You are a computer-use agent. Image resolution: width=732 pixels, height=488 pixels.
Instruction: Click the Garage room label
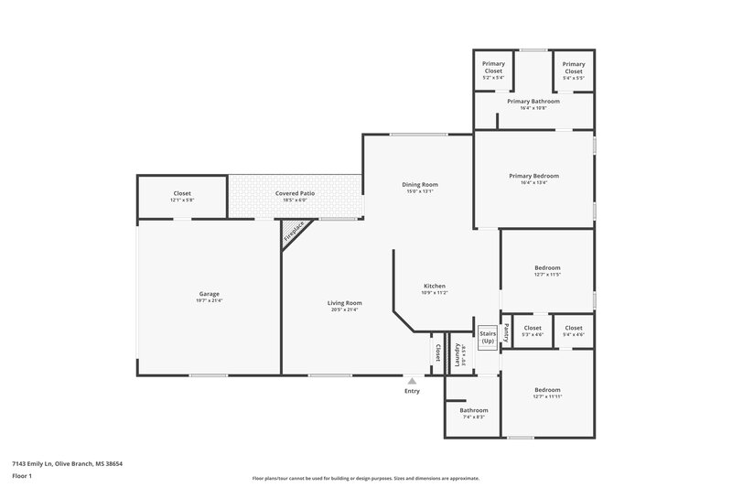(x=209, y=297)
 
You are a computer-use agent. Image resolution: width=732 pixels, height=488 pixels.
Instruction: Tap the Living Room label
(x=346, y=306)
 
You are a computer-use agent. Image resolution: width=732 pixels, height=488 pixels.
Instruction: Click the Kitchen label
(x=433, y=288)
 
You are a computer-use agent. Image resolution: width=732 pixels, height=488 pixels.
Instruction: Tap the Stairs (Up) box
(x=487, y=336)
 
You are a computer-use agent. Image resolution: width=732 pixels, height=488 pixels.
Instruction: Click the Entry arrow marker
(x=413, y=381)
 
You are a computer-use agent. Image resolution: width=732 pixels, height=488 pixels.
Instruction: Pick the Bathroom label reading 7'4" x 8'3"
(x=474, y=413)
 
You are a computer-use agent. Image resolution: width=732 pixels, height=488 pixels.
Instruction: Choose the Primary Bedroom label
(x=533, y=179)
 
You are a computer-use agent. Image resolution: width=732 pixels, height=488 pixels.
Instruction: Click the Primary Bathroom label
(x=533, y=103)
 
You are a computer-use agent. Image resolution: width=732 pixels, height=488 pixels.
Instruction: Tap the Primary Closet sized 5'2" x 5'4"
(x=493, y=70)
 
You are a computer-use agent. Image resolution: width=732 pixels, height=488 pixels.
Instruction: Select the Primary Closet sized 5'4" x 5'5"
(x=574, y=70)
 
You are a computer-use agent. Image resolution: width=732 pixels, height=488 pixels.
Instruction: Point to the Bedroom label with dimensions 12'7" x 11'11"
(x=547, y=392)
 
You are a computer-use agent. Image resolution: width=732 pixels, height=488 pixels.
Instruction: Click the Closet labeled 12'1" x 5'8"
(x=182, y=196)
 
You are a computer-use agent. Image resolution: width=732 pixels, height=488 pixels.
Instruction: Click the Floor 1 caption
(x=22, y=477)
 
